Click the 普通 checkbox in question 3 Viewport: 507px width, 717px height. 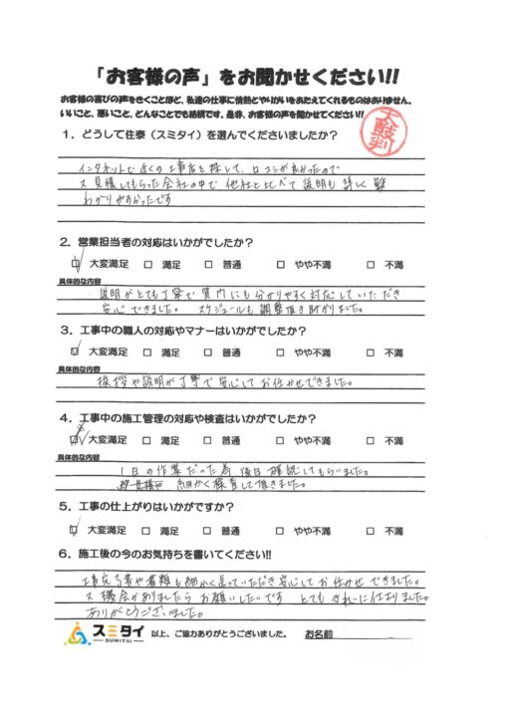click(x=209, y=352)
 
